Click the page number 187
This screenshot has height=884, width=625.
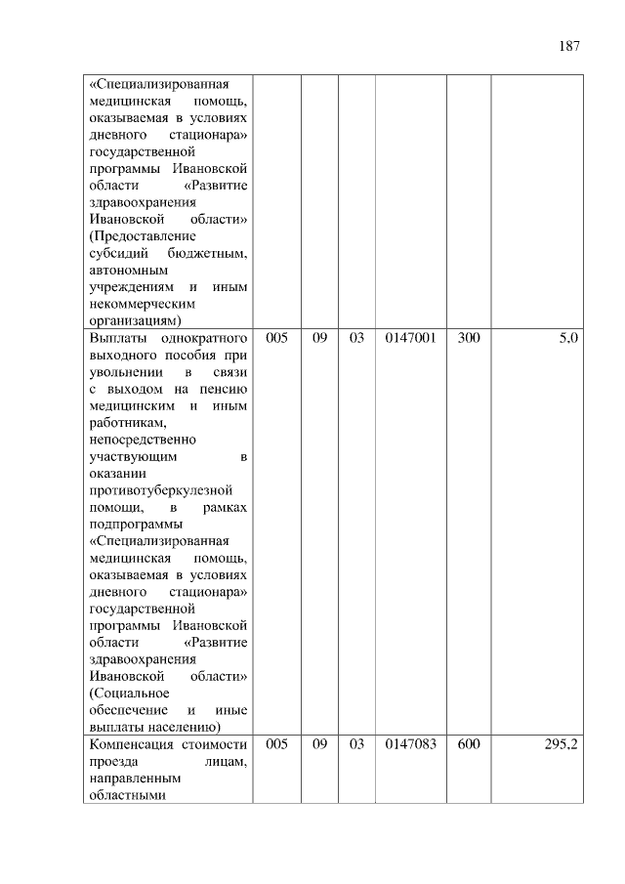(569, 46)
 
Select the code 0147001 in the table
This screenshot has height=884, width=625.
(410, 337)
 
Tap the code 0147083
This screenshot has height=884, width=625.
(410, 744)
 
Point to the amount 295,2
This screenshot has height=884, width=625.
(562, 744)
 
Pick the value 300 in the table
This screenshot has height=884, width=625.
(469, 337)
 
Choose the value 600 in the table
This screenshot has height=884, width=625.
(469, 744)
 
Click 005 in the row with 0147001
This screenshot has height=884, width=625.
(276, 337)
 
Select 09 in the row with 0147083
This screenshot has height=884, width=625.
(319, 744)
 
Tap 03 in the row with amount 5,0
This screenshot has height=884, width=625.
(356, 337)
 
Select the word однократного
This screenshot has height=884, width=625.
(199, 337)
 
